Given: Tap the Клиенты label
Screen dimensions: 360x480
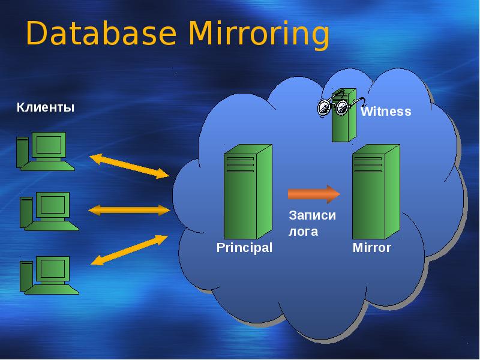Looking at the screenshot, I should pyautogui.click(x=46, y=108).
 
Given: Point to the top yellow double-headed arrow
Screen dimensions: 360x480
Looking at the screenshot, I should pyautogui.click(x=129, y=166).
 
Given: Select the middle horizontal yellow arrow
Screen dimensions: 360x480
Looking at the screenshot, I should pyautogui.click(x=130, y=210).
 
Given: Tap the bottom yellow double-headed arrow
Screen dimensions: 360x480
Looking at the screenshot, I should pyautogui.click(x=129, y=250).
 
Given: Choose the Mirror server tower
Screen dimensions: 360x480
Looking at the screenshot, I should pyautogui.click(x=376, y=192).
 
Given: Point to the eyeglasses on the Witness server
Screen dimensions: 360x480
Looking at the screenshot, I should pyautogui.click(x=334, y=107).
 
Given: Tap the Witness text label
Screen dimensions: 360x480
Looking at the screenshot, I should pyautogui.click(x=386, y=112).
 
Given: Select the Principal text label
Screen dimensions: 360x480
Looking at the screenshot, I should pyautogui.click(x=244, y=247).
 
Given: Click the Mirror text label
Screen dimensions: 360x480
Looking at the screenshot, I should pyautogui.click(x=372, y=247).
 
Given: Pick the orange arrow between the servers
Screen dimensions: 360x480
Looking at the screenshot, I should pyautogui.click(x=314, y=194).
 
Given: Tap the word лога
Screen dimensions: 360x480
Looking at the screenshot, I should pyautogui.click(x=303, y=231).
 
